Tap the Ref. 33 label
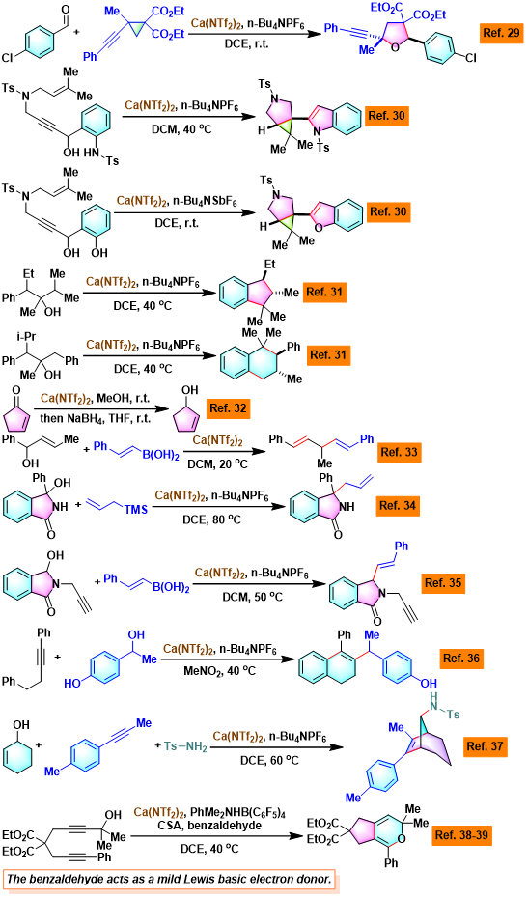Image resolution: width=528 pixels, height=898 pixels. click(399, 453)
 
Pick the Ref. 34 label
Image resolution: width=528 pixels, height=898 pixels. click(398, 506)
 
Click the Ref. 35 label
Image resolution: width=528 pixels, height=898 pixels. click(442, 583)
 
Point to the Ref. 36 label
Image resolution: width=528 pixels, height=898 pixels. click(460, 659)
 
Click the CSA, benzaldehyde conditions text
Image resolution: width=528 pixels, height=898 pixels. click(216, 825)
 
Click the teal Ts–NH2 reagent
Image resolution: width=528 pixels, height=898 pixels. click(184, 746)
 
